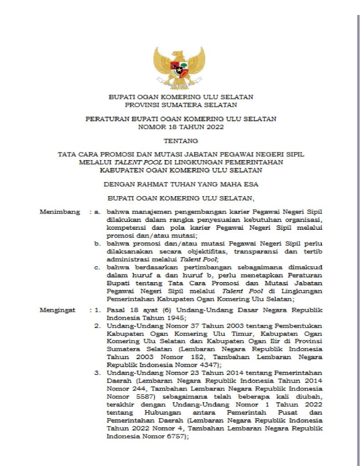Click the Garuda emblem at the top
point(179,67)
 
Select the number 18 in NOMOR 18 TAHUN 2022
point(171,127)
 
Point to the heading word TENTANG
point(180,141)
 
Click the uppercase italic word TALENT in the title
point(126,162)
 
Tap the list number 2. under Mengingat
point(97,326)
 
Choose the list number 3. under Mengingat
point(97,373)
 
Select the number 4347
point(207,365)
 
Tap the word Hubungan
point(160,412)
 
